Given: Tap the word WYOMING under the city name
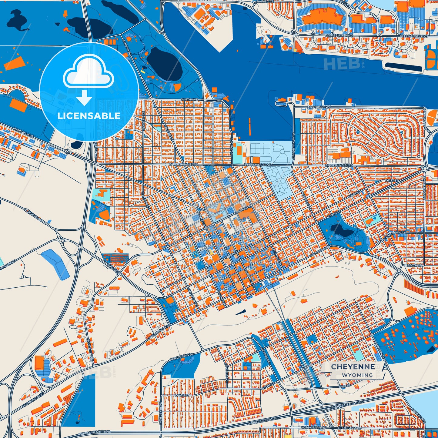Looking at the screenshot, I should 357,375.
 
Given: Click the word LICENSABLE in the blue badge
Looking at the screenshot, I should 89,116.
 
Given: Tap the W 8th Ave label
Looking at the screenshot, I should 189,99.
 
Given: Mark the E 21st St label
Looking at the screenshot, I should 392,181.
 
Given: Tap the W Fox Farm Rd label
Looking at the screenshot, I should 314,427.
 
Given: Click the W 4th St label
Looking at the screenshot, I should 182,395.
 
